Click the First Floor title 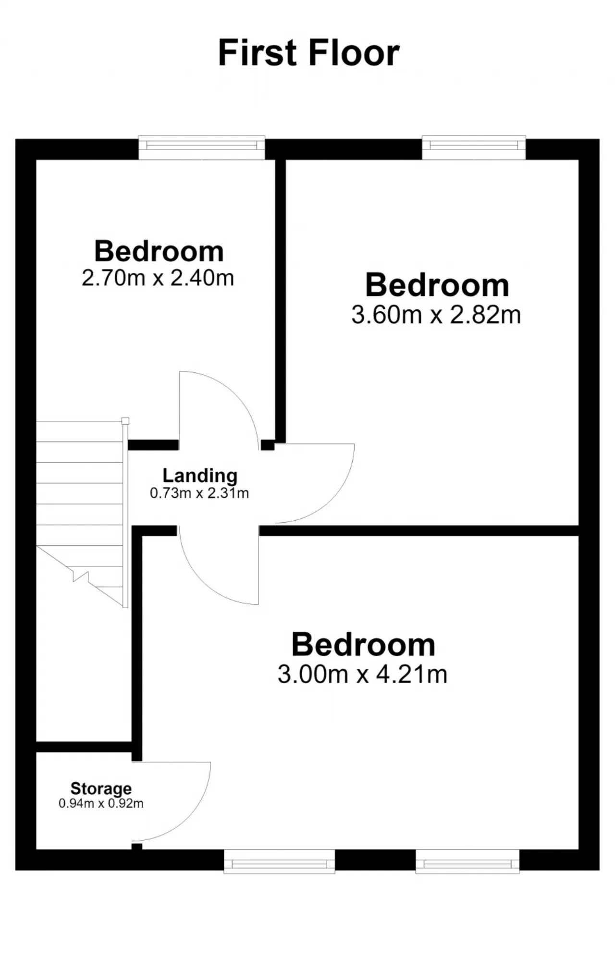(x=309, y=52)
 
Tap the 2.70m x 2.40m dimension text (x=158, y=278)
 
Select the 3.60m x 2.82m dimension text (x=436, y=315)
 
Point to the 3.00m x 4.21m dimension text (x=363, y=674)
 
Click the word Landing (x=200, y=476)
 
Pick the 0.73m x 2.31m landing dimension (x=199, y=493)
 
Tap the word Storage (x=101, y=788)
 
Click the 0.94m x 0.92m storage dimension (x=101, y=803)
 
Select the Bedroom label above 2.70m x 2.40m (x=159, y=251)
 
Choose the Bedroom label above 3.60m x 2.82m (x=437, y=285)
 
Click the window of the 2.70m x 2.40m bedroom (x=202, y=147)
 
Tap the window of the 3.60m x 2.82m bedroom (x=474, y=147)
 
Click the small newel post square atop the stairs (x=125, y=421)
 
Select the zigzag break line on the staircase (x=81, y=576)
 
